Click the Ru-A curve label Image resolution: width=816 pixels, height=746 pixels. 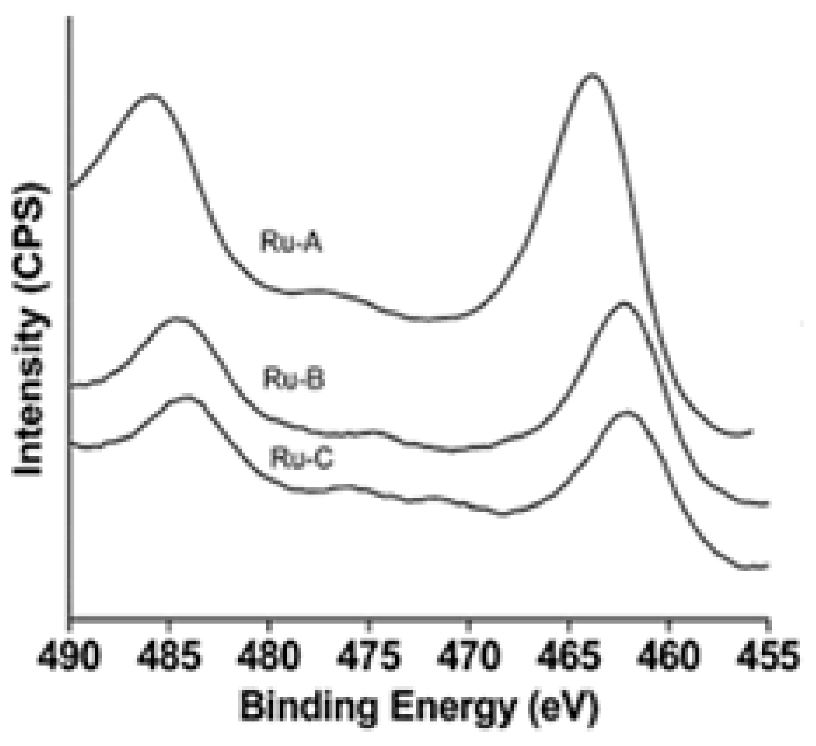(292, 242)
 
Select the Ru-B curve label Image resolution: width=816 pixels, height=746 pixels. (294, 378)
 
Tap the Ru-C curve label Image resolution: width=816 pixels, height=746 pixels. (302, 458)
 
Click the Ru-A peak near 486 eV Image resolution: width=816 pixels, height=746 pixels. (151, 96)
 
